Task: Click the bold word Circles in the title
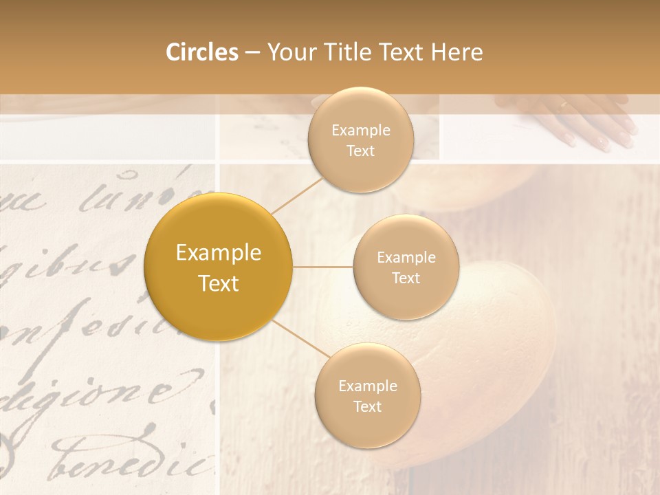pos(202,52)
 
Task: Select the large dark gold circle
pos(218,267)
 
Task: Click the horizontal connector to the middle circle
pos(323,267)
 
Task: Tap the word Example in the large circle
pos(218,253)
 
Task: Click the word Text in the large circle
pos(218,283)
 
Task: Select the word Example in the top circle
pos(360,131)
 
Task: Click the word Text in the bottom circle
pos(367,407)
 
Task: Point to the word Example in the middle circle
pos(406,258)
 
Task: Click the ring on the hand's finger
pos(563,105)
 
